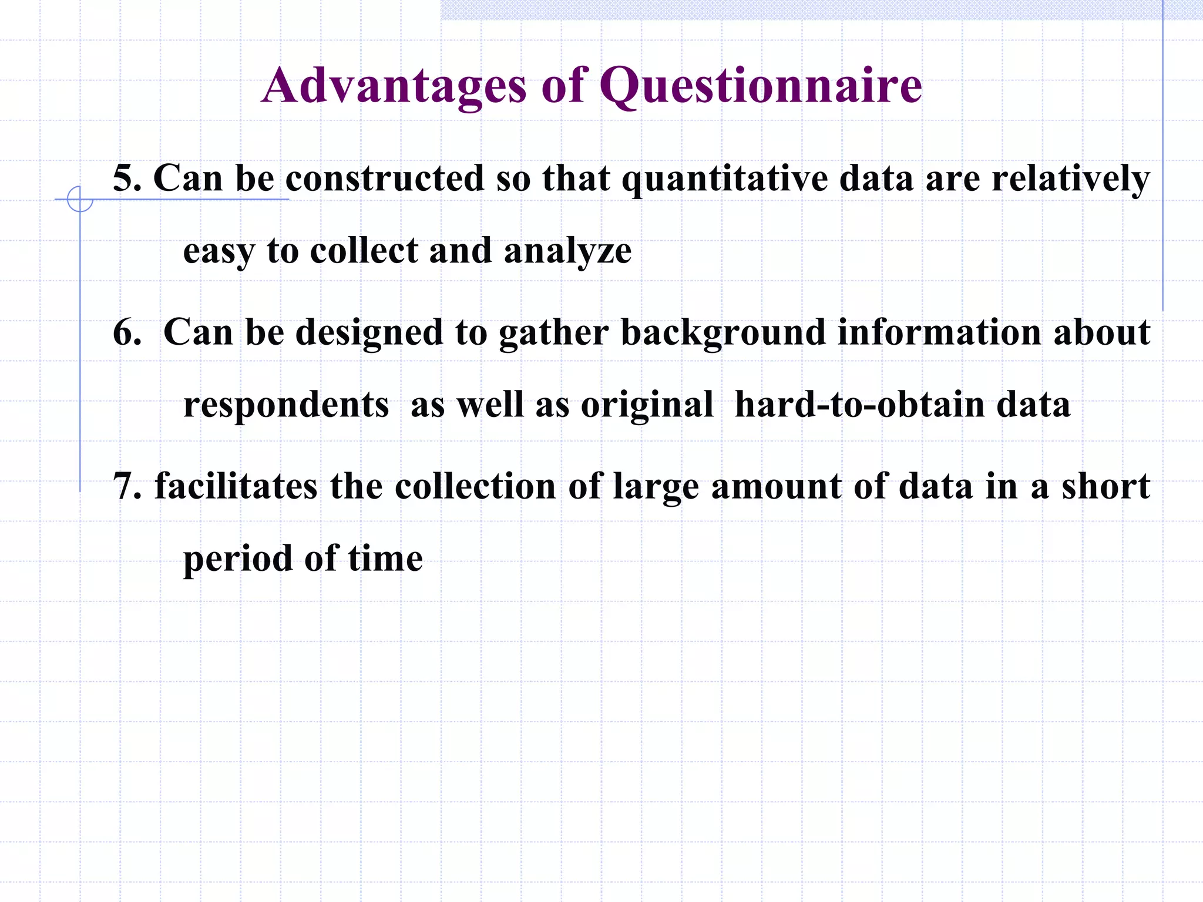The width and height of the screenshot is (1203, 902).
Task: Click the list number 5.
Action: pos(126,178)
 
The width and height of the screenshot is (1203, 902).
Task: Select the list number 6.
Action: pos(126,332)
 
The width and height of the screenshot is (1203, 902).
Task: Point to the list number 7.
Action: pos(126,486)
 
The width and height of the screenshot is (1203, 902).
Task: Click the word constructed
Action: pos(385,178)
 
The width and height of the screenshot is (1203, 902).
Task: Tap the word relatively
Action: pos(1070,179)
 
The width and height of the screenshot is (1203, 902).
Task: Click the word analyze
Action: pos(567,251)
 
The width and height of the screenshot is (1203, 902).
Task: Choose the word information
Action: pos(939,332)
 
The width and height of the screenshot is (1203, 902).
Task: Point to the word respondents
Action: pos(286,406)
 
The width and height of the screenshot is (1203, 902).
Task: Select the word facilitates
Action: pos(236,486)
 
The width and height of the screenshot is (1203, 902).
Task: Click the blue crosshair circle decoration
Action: pos(80,199)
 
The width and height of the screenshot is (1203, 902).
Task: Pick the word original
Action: pos(647,406)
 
